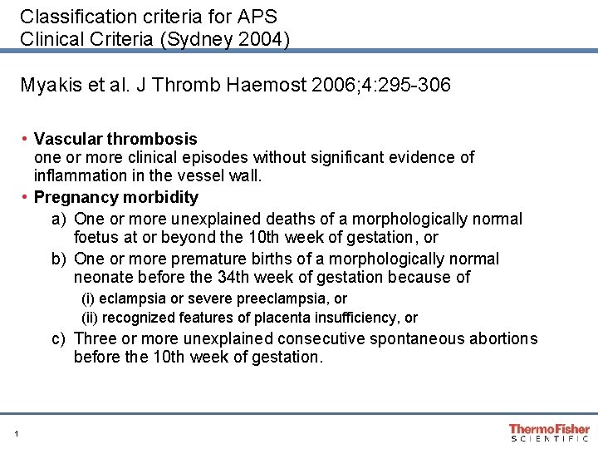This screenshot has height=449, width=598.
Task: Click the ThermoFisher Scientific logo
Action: point(549,432)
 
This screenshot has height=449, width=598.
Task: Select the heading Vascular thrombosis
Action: point(115,139)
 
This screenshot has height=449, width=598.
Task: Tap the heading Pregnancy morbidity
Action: point(116,197)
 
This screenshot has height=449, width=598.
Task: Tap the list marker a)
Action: point(58,219)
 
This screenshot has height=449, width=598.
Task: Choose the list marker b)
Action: point(58,259)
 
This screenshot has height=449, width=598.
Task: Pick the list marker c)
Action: point(58,338)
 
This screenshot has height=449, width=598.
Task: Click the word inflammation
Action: point(76,175)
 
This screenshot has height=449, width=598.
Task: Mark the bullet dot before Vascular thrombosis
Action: point(26,138)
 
